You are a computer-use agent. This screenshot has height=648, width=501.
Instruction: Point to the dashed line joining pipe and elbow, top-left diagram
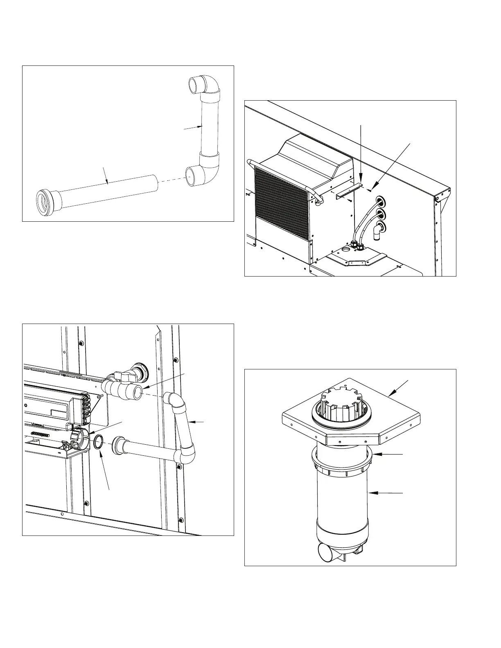point(171,182)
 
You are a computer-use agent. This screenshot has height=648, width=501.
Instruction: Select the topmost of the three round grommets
point(380,201)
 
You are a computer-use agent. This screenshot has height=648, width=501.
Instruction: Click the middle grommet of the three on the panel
point(380,214)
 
